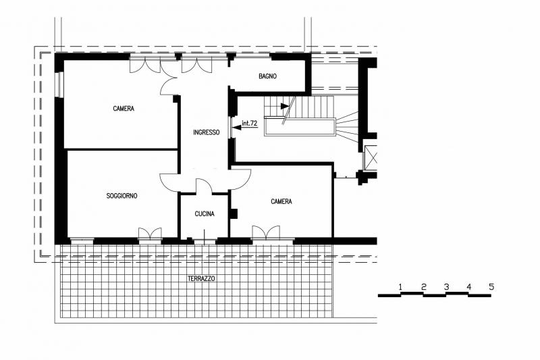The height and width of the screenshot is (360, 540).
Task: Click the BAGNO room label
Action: click(267, 76)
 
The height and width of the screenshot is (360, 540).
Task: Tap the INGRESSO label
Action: click(207, 132)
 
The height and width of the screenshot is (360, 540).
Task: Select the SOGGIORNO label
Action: click(122, 196)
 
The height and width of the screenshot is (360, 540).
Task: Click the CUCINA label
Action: click(205, 214)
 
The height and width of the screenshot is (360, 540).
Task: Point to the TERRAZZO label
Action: click(201, 278)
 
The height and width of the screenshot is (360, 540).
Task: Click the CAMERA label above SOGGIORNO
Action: click(124, 109)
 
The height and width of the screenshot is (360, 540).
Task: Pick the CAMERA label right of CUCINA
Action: click(281, 201)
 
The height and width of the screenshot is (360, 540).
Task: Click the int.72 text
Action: click(250, 123)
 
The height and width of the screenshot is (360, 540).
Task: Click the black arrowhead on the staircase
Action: click(285, 106)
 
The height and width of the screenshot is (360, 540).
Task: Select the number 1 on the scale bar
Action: click(400, 286)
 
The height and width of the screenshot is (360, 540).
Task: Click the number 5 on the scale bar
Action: click(491, 286)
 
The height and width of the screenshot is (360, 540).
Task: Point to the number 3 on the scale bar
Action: click(446, 286)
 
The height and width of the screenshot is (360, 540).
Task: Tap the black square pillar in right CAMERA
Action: click(234, 213)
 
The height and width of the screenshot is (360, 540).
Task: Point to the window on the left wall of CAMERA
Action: click(60, 84)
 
